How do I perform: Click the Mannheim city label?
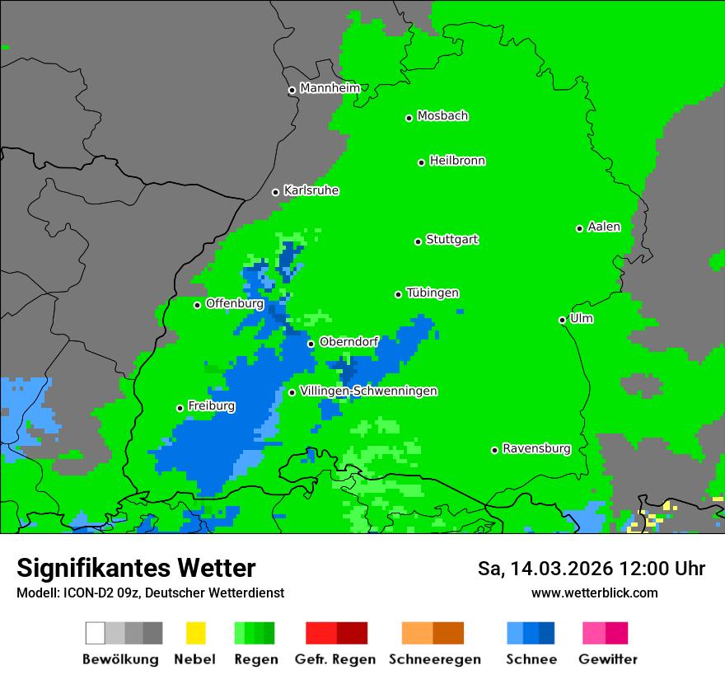(x=330, y=88)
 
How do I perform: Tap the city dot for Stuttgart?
(x=418, y=241)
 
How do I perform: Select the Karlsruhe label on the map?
(x=311, y=190)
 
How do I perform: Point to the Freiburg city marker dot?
(x=180, y=408)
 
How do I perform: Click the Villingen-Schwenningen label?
(x=368, y=391)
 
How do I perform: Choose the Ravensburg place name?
(x=536, y=448)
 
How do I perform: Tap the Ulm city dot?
(x=562, y=320)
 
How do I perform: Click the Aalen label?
(x=604, y=227)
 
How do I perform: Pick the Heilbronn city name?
(x=457, y=161)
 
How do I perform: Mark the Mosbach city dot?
(x=409, y=118)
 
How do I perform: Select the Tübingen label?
(x=433, y=293)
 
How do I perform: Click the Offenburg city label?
(x=234, y=303)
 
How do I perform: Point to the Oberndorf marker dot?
(x=311, y=344)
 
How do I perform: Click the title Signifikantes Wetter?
(x=136, y=568)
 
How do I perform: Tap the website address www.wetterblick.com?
(x=594, y=593)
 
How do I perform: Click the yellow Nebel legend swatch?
(x=195, y=633)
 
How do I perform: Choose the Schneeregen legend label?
(x=434, y=659)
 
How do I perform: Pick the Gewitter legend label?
(x=607, y=659)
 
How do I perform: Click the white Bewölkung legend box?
(x=96, y=633)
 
